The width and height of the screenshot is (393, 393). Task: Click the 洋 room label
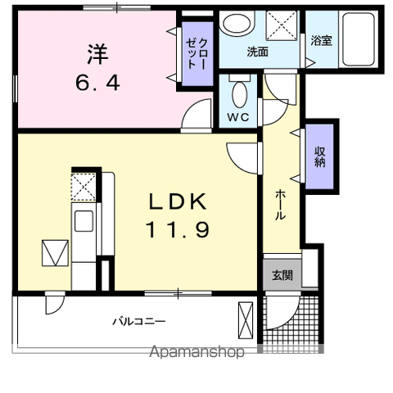point(97,55)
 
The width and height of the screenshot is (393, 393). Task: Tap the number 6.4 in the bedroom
point(97,83)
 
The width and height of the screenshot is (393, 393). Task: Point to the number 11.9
point(178,230)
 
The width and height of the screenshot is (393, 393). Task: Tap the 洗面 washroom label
point(258,52)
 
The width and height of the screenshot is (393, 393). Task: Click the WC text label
point(237,116)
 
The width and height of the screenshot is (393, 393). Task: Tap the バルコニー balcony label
point(139,321)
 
